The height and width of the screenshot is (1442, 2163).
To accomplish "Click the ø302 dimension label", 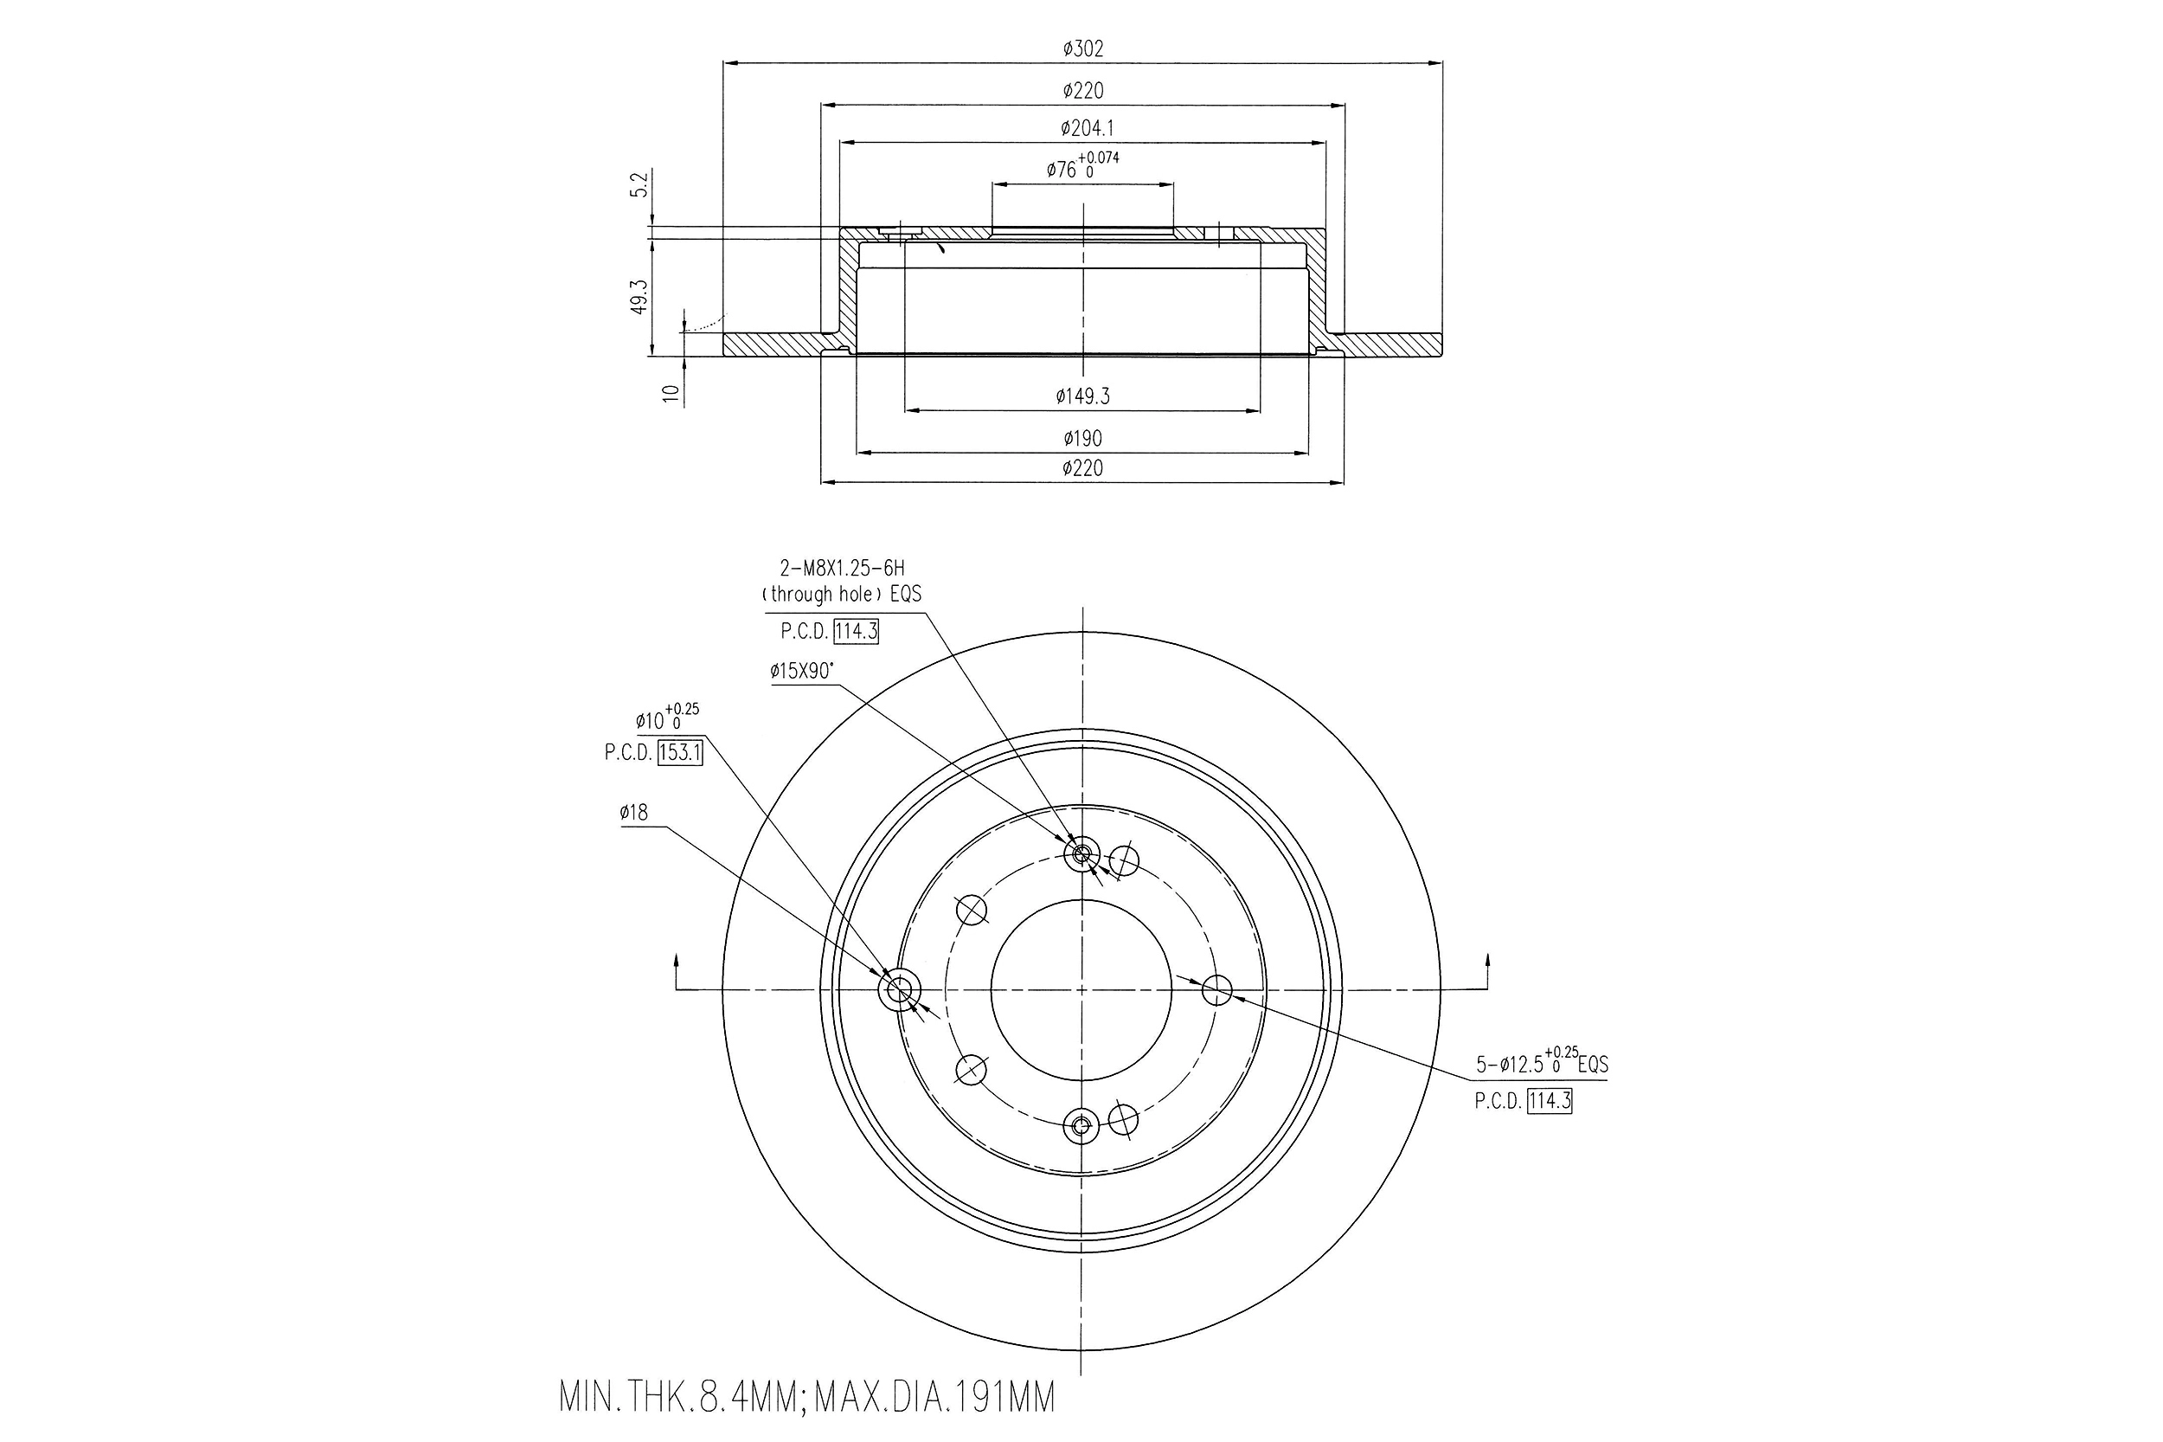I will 1082,48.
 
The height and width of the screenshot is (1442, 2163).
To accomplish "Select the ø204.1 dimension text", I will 1086,129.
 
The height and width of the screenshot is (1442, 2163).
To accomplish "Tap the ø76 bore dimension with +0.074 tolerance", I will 1082,165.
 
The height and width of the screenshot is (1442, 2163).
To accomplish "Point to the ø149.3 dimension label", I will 1082,396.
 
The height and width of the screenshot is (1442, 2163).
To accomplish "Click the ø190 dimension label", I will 1082,439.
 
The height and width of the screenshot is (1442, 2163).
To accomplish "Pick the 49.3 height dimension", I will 641,297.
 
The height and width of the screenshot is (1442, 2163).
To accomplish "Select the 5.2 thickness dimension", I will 641,183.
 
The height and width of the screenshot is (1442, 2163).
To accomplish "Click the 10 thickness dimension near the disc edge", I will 671,393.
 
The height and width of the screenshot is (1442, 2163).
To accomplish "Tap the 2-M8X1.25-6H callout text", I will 841,570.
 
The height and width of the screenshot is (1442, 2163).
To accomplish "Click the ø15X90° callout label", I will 801,672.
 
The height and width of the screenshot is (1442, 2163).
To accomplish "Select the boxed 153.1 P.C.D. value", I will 680,753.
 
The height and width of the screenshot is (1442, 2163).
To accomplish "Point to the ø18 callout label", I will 633,812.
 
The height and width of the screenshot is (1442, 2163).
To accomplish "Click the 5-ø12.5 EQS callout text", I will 1542,1064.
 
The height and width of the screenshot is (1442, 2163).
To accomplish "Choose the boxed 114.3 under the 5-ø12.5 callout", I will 1549,1101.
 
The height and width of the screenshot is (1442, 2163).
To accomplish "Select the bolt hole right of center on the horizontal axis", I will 1216,990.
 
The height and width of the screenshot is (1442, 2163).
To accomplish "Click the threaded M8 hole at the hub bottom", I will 1081,1124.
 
